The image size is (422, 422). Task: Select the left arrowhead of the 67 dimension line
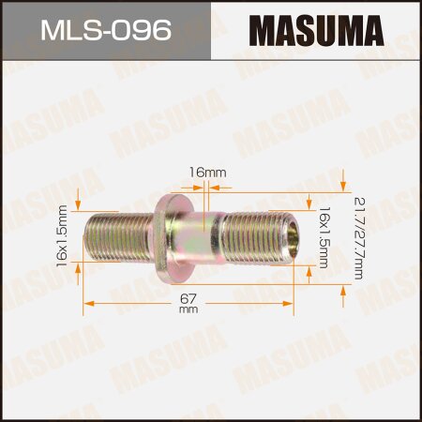(88, 302)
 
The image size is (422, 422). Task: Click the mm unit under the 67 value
(188, 311)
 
